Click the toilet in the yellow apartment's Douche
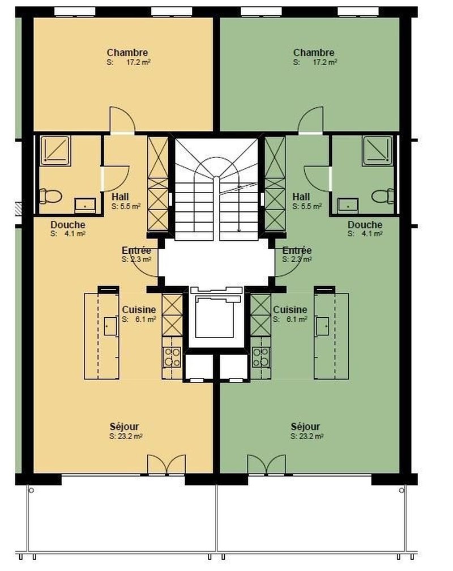click(50, 196)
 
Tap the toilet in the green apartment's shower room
click(383, 196)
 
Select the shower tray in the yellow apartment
click(55, 151)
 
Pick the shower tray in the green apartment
click(378, 151)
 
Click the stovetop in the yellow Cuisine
click(172, 357)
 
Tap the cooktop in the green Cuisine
click(261, 357)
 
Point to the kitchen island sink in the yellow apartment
click(110, 326)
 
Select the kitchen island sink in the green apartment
click(322, 326)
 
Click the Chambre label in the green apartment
click(314, 53)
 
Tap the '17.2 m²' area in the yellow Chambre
click(138, 62)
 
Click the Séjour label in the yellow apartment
click(124, 427)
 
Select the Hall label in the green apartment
click(301, 197)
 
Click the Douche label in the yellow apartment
click(68, 225)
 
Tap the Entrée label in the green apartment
click(297, 250)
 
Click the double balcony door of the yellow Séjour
click(166, 465)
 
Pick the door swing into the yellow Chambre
click(122, 120)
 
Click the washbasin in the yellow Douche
click(85, 205)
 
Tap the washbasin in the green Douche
click(348, 205)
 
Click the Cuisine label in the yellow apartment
click(139, 310)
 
